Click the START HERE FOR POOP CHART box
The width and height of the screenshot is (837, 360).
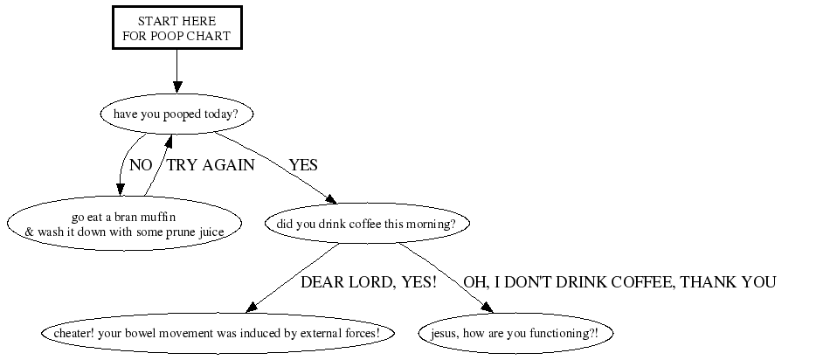177,28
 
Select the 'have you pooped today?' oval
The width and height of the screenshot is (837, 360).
176,114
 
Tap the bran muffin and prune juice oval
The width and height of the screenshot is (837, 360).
124,224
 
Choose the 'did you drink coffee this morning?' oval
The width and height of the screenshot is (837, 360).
367,224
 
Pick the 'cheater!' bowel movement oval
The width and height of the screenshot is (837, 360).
218,333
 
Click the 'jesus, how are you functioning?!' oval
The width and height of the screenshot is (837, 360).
515,333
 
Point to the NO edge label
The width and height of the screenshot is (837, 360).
141,165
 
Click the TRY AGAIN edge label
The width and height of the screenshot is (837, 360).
211,165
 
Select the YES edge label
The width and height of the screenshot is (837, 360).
303,165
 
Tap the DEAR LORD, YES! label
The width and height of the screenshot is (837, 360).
369,282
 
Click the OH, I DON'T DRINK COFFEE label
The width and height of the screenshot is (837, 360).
619,282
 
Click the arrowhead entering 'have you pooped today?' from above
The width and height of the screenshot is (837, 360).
177,88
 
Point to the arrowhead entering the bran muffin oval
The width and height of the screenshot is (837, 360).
120,190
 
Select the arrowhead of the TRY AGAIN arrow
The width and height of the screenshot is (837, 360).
168,141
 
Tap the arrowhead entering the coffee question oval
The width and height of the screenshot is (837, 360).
331,199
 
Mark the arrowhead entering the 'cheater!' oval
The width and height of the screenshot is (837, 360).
252,307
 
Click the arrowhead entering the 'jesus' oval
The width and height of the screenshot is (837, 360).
487,308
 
